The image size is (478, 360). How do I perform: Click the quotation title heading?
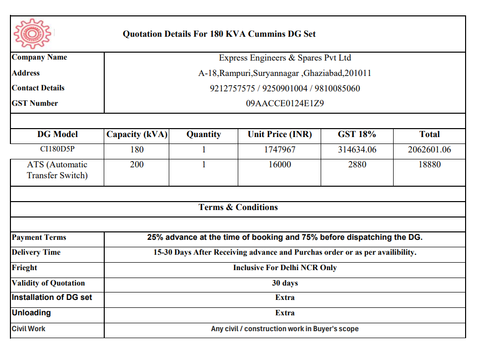click(x=219, y=34)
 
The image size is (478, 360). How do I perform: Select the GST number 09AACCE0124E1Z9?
click(x=285, y=104)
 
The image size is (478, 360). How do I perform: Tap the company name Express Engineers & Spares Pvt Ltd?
click(x=285, y=58)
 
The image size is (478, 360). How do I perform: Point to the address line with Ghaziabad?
click(x=285, y=73)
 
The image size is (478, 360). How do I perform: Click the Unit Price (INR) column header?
click(x=280, y=135)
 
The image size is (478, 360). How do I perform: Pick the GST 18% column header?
click(x=357, y=135)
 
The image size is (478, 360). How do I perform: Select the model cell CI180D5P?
click(x=57, y=149)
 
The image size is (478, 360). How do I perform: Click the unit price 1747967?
click(x=280, y=149)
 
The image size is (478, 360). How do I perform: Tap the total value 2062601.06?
click(x=429, y=149)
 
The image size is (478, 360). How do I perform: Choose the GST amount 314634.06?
click(x=357, y=149)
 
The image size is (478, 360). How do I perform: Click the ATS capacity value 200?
click(x=137, y=165)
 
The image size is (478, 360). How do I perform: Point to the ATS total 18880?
click(x=429, y=165)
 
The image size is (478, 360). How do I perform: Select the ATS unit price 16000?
click(x=280, y=165)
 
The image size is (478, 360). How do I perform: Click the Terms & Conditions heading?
click(x=238, y=208)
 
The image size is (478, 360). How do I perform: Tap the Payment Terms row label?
click(x=39, y=238)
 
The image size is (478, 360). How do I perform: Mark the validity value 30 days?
click(x=285, y=283)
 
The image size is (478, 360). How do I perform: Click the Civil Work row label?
click(x=29, y=329)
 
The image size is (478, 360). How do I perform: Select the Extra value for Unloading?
click(x=285, y=313)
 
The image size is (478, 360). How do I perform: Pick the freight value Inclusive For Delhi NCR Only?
click(x=285, y=268)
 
